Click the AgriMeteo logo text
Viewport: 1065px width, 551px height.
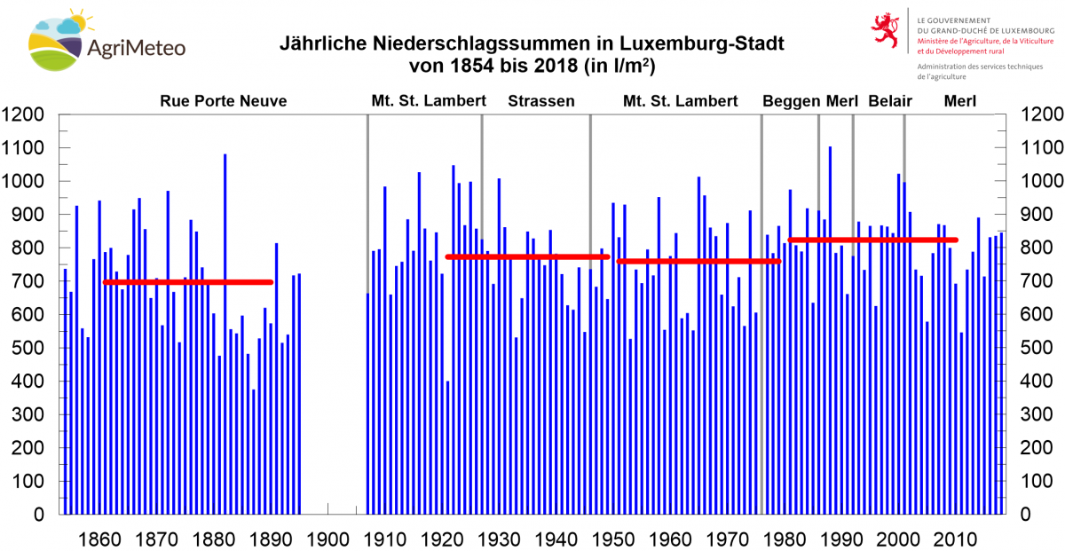[137, 47]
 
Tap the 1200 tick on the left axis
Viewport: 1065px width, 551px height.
[27, 114]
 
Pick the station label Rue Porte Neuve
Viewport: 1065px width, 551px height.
[223, 101]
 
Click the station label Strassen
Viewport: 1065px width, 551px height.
[540, 101]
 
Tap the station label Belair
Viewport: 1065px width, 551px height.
[890, 101]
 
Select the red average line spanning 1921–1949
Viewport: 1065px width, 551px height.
[527, 256]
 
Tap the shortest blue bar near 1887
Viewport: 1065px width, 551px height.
[253, 452]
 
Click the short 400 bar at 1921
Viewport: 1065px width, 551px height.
[447, 447]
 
